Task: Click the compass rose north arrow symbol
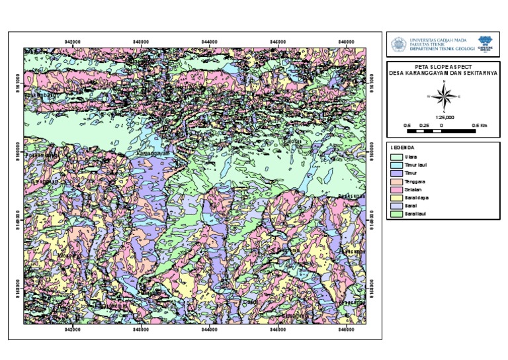444,99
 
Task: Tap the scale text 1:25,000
444,116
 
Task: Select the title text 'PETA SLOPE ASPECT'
444,67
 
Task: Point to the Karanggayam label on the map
153,154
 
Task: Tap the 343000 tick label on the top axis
141,41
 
